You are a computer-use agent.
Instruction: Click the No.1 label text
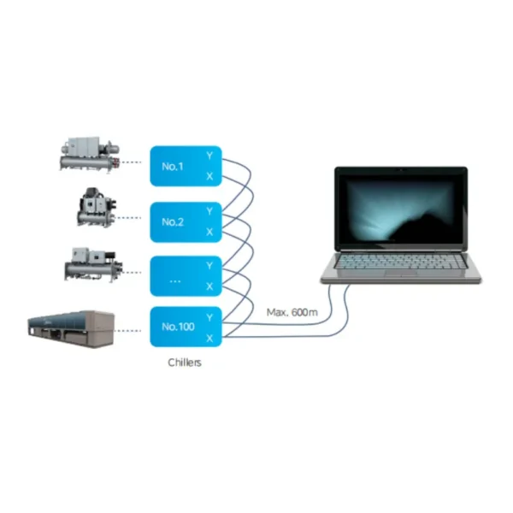click(173, 167)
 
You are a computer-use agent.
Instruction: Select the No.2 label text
click(173, 222)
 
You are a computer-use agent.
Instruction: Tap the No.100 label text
click(179, 327)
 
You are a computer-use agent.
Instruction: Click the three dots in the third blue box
click(175, 281)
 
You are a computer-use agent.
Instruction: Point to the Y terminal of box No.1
click(209, 156)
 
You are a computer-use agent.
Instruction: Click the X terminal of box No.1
click(209, 176)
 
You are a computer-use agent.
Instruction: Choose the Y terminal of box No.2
click(209, 211)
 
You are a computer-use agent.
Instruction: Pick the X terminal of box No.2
click(209, 232)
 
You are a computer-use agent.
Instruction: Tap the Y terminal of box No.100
click(209, 318)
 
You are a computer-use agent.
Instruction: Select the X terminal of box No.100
click(209, 339)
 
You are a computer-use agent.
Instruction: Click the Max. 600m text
click(292, 312)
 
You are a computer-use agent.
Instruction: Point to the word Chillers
click(185, 363)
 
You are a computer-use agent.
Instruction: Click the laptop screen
click(402, 209)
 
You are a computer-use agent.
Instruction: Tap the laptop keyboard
click(401, 262)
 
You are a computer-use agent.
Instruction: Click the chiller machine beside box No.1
click(89, 153)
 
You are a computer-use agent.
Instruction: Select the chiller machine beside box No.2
click(97, 208)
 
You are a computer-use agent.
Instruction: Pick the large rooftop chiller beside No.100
click(71, 328)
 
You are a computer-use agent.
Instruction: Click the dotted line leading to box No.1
click(131, 162)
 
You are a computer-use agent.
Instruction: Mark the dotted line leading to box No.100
click(128, 331)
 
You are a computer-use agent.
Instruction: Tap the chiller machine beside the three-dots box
click(93, 264)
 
